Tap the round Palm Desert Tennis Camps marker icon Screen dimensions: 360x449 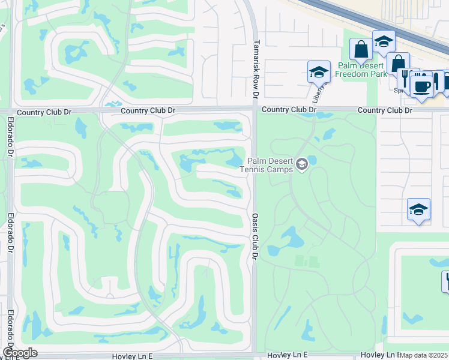click(302, 163)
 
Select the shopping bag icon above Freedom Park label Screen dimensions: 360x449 click(361, 50)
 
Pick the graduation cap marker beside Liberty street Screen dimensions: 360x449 click(319, 73)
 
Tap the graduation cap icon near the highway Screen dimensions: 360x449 click(383, 42)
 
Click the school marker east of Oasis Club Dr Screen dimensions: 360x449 click(418, 209)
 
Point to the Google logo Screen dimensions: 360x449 click(20, 353)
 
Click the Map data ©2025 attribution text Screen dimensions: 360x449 click(424, 355)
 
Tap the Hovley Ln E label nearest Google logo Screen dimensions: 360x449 click(133, 356)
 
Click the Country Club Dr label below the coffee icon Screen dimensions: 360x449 click(385, 111)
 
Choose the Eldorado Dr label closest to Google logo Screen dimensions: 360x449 click(10, 330)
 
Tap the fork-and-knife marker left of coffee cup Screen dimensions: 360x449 click(405, 79)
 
